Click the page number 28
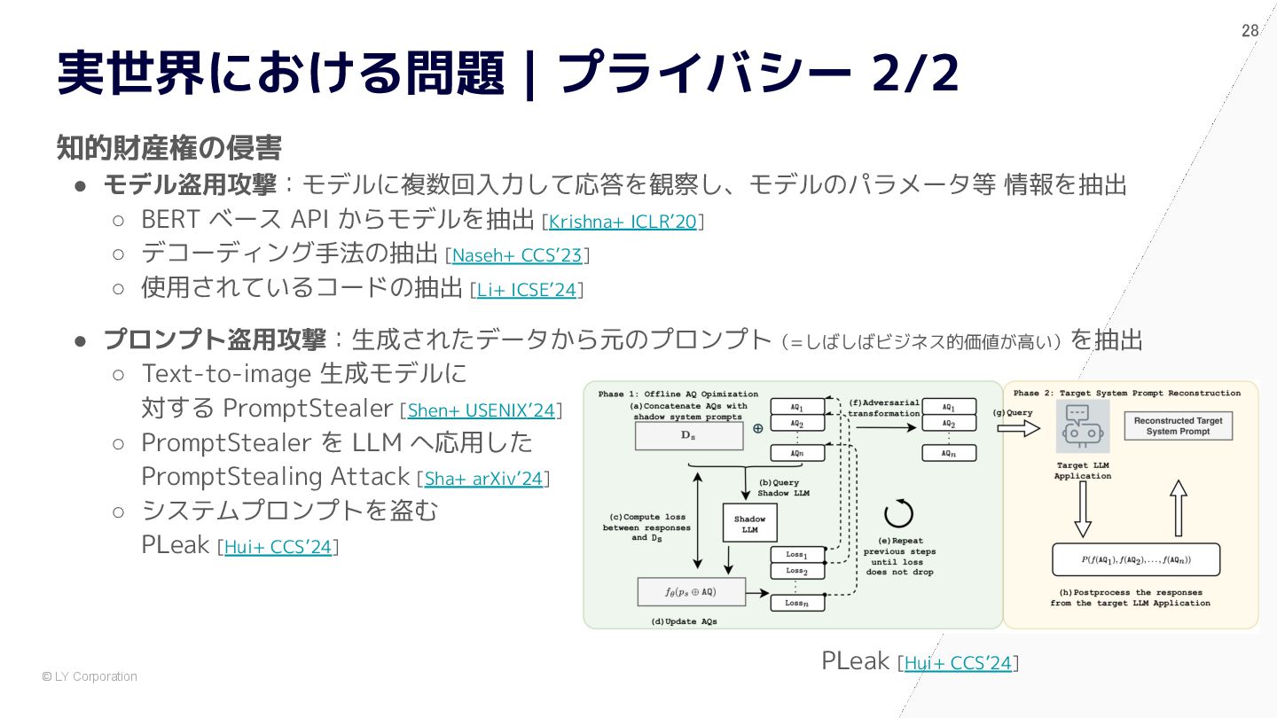pos(1250,31)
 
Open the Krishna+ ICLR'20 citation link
pos(623,222)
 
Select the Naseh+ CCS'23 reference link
pos(517,256)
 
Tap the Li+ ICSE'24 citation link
pos(527,290)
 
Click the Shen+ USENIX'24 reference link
pos(481,410)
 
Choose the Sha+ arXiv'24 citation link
pos(483,479)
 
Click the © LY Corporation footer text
pos(90,676)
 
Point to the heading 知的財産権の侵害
pos(168,147)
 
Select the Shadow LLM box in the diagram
pos(749,524)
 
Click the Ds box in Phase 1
pos(688,435)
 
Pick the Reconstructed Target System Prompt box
pos(1178,426)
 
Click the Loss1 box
pos(796,554)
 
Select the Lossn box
pos(796,603)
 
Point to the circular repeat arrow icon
pos(898,513)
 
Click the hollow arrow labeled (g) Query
pos(1018,428)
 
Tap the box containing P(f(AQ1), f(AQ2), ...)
pos(1135,559)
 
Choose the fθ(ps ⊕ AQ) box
pos(692,591)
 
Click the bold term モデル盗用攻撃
pos(190,185)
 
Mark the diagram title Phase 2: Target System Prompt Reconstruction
pos(1127,393)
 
